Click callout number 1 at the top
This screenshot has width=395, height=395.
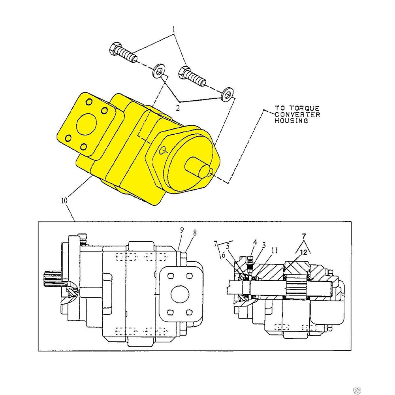(173, 30)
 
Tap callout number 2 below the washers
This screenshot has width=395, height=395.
(178, 107)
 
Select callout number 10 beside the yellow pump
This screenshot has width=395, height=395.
(64, 200)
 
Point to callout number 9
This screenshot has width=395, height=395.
(182, 230)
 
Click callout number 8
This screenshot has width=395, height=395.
(195, 233)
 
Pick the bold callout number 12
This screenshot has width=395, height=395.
(303, 252)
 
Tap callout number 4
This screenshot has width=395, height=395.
(255, 241)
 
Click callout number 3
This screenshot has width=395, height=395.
(263, 245)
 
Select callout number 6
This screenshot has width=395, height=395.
(224, 255)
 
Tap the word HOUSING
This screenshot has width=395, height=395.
(292, 121)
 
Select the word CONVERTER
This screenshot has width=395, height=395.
(297, 115)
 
